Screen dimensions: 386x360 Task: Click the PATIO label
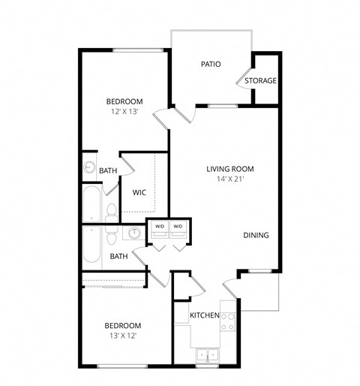(x=211, y=64)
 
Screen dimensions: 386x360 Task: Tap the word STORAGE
(x=260, y=80)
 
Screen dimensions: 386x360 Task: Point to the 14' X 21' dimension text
(x=230, y=179)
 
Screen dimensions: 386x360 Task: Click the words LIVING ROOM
(x=230, y=169)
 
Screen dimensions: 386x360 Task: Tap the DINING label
(x=256, y=235)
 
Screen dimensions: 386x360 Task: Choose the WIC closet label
(x=139, y=192)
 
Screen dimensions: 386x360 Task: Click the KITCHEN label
(x=204, y=315)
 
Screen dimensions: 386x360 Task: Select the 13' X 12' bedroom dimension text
(x=123, y=336)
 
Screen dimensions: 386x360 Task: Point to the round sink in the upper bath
(x=89, y=168)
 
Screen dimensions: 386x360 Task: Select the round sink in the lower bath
(x=134, y=234)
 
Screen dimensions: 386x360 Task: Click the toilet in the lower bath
(x=111, y=237)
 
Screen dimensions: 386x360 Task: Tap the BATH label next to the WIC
(x=108, y=171)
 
